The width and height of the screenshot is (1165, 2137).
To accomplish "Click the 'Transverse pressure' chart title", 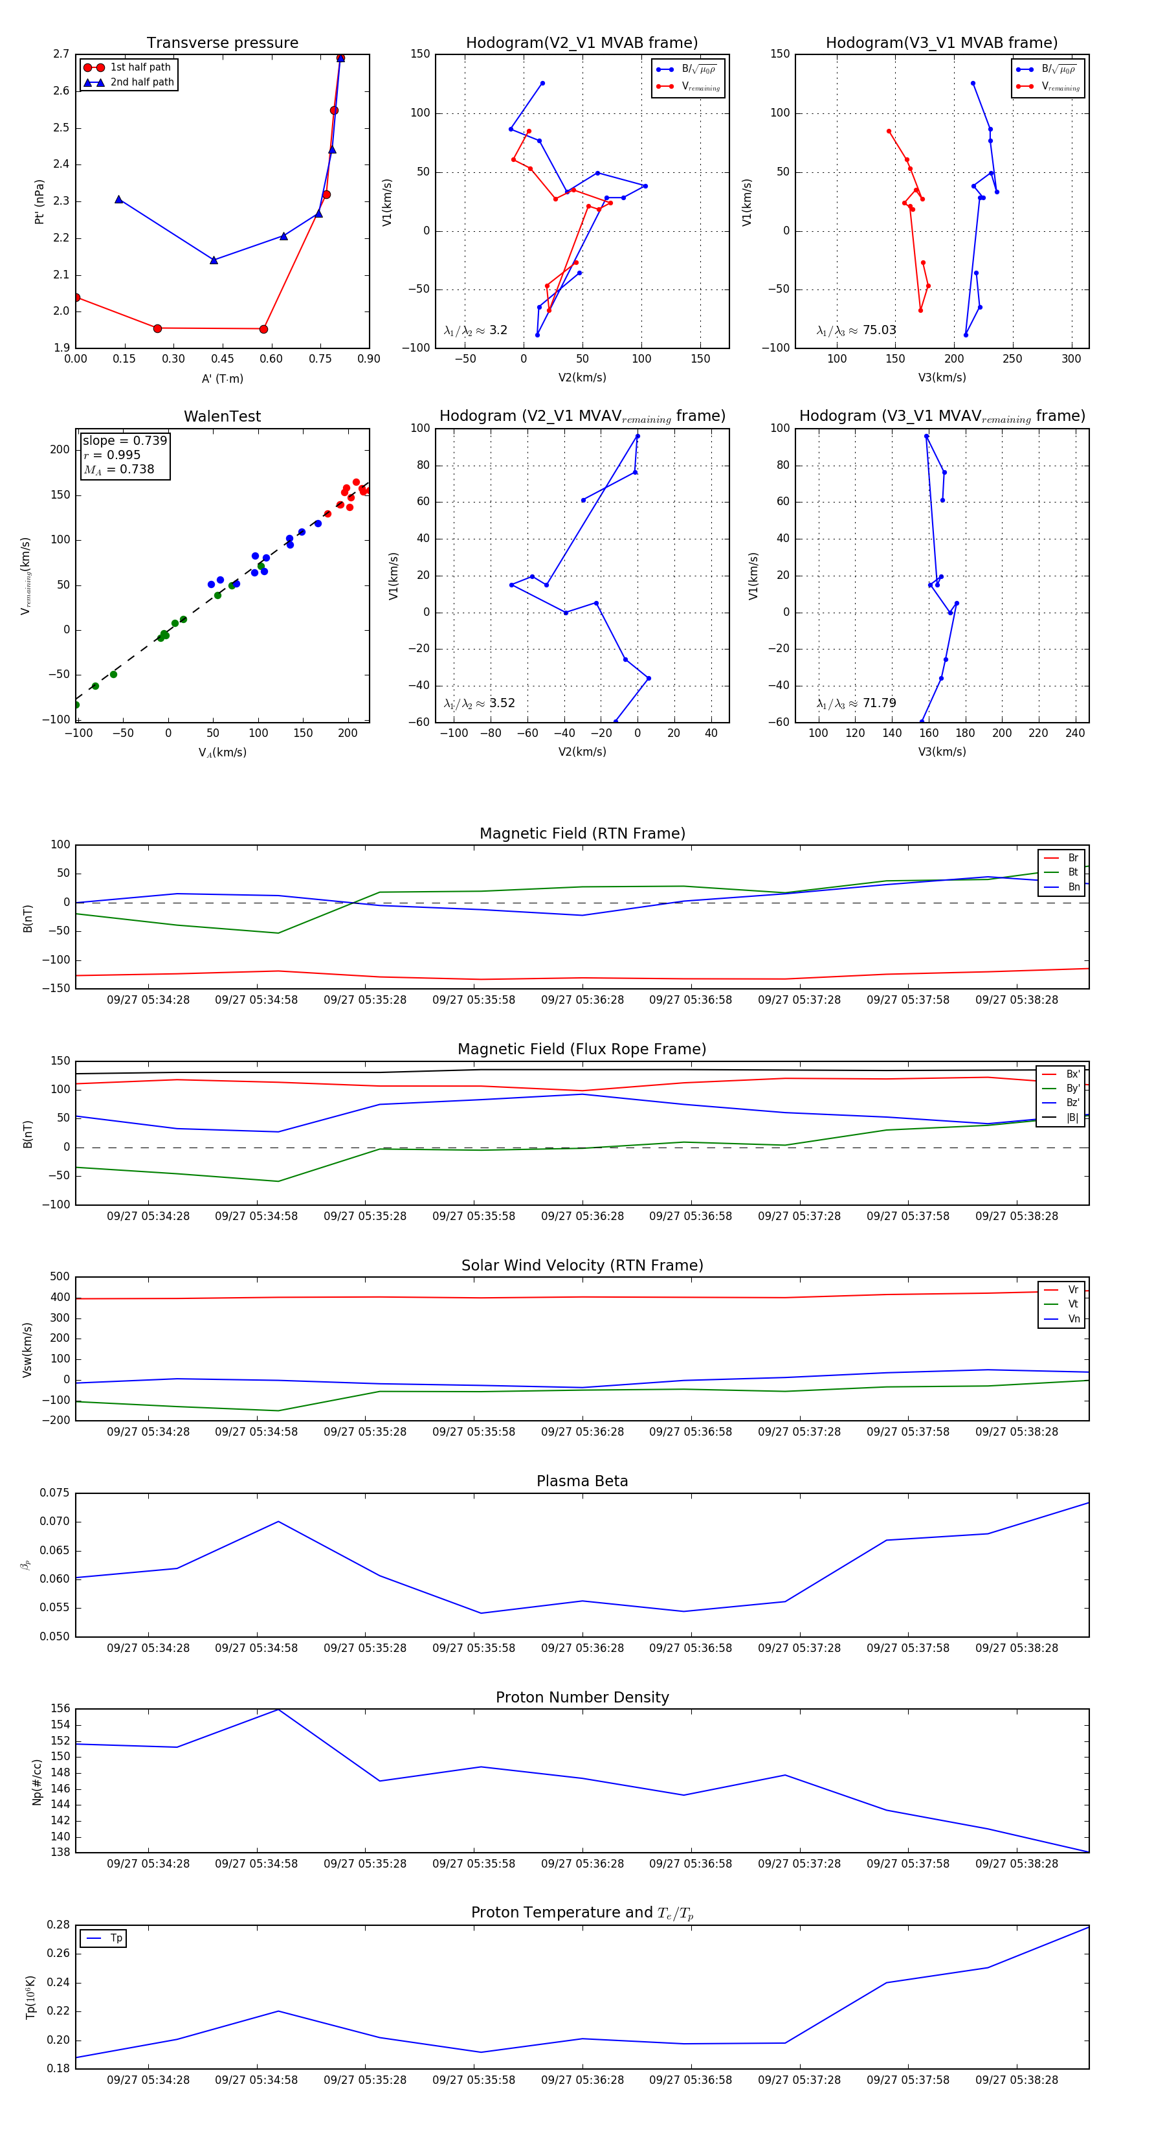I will pyautogui.click(x=222, y=43).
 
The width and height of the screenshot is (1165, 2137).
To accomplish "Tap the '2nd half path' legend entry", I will pyautogui.click(x=142, y=82).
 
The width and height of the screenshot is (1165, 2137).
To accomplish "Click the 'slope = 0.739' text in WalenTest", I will pyautogui.click(x=124, y=440).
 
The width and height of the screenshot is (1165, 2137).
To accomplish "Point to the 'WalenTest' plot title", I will pyautogui.click(x=222, y=416).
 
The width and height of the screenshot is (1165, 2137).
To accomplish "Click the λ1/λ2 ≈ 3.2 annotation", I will pyautogui.click(x=475, y=330).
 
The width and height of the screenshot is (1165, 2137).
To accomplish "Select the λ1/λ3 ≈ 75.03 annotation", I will pyautogui.click(x=856, y=330).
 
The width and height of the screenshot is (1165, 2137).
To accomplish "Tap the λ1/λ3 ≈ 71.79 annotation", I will pyautogui.click(x=856, y=703).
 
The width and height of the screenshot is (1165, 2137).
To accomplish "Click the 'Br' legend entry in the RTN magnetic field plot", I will pyautogui.click(x=1072, y=858).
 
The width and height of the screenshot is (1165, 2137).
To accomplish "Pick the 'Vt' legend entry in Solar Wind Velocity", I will pyautogui.click(x=1072, y=1304).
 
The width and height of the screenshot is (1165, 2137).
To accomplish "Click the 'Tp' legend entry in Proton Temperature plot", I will pyautogui.click(x=116, y=1938).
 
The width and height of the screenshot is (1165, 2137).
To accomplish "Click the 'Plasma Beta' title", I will pyautogui.click(x=582, y=1481).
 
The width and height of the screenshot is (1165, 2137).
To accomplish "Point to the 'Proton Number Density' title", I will pyautogui.click(x=582, y=1697).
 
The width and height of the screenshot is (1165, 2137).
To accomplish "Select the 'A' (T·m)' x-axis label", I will pyautogui.click(x=222, y=379).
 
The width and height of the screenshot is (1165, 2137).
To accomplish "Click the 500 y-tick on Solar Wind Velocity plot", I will pyautogui.click(x=60, y=1277).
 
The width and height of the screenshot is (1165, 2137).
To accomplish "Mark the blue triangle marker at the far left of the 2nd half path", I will pyautogui.click(x=118, y=199).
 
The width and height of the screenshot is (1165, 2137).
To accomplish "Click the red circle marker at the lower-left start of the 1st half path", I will pyautogui.click(x=76, y=297).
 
